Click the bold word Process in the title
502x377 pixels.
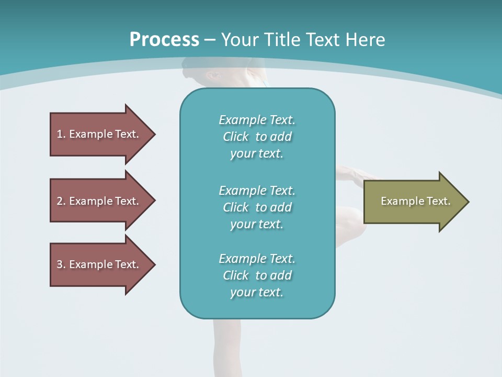click(164, 40)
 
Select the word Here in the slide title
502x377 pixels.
click(365, 40)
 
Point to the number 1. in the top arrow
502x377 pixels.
click(61, 134)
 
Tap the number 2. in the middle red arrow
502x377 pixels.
click(61, 201)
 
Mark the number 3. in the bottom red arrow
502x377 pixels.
click(61, 264)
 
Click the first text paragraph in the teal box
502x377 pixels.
click(257, 137)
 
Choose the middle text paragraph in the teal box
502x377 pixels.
click(257, 207)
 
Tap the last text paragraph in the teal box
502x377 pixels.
click(257, 275)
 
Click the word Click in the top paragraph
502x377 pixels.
click(236, 137)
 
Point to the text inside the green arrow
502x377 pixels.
click(416, 201)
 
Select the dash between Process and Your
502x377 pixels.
click(210, 40)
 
